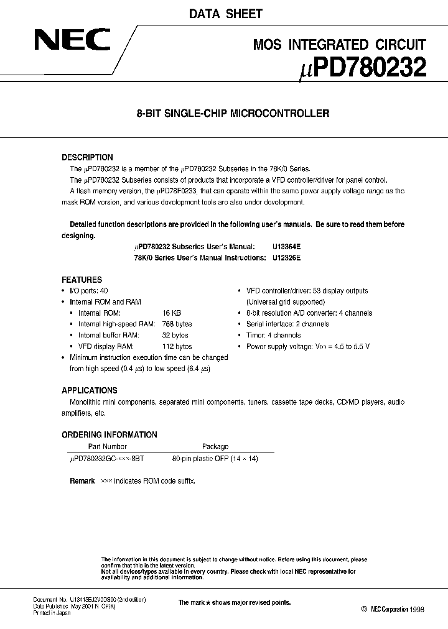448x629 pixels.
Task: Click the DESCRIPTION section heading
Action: click(x=87, y=157)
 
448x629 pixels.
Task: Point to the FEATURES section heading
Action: click(x=82, y=280)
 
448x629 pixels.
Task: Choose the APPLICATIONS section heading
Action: click(x=90, y=390)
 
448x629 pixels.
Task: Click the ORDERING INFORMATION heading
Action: click(x=110, y=434)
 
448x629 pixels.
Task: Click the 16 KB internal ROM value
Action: click(x=172, y=313)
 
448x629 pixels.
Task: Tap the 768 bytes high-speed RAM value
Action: click(x=177, y=324)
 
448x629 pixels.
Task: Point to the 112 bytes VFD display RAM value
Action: click(x=177, y=346)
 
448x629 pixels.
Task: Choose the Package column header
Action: click(x=215, y=446)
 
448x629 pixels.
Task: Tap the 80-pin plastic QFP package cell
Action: click(x=215, y=458)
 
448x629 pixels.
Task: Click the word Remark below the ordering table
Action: click(x=82, y=481)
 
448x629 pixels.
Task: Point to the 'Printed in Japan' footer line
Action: click(x=52, y=613)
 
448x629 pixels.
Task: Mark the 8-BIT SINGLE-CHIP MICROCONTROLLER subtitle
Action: click(x=224, y=114)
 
